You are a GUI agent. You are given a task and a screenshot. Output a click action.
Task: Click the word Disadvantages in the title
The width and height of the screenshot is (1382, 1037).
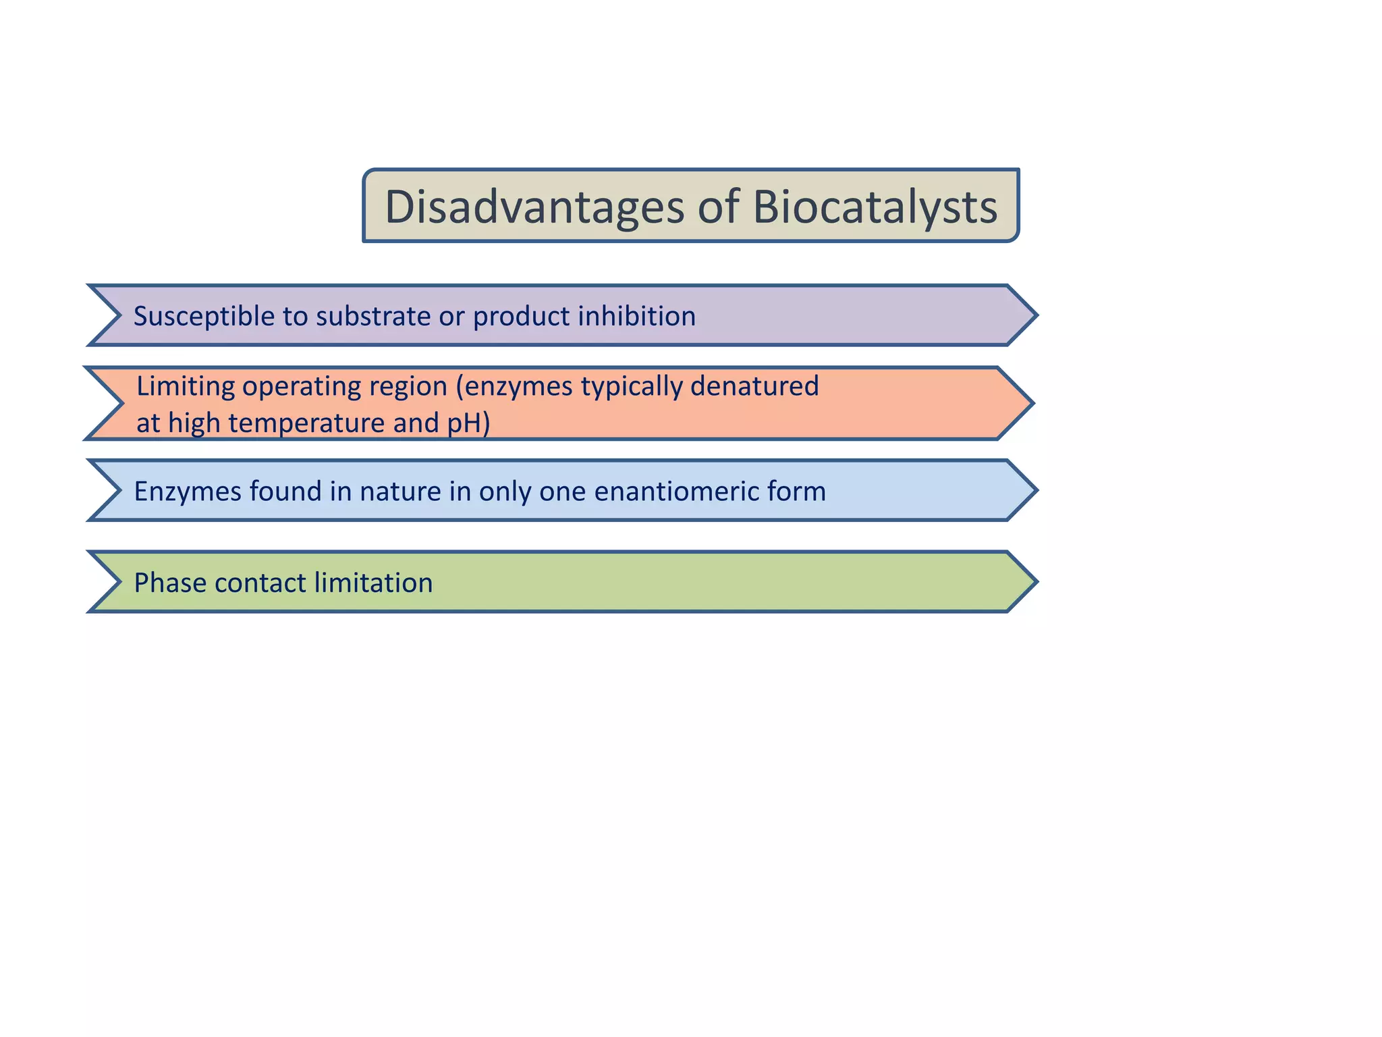[534, 207]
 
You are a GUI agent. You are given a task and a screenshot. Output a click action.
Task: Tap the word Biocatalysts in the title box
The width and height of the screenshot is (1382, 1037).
[875, 207]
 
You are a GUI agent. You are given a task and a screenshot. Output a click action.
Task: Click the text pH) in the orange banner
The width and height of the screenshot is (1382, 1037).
[468, 424]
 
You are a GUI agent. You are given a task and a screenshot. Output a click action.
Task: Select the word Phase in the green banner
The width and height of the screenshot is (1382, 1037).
[169, 583]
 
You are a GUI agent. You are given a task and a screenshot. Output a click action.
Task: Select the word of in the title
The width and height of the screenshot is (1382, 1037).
[718, 207]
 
